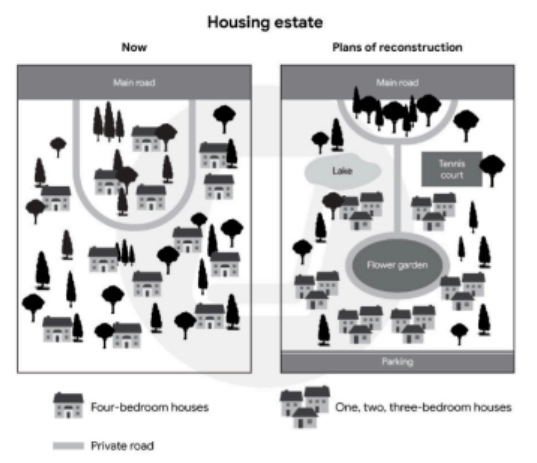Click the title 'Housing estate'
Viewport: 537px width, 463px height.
pos(265,23)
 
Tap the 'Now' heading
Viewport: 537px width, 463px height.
pos(134,47)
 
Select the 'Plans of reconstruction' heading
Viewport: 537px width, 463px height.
pos(397,47)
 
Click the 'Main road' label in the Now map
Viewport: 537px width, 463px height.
pos(134,83)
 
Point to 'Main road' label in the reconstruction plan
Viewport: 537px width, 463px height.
pos(397,83)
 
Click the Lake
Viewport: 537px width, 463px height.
pos(342,171)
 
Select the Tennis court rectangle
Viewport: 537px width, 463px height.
pos(452,169)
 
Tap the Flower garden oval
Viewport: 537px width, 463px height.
pos(397,265)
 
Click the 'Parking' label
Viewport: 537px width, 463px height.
pos(397,362)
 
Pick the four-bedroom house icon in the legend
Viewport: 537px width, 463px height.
pos(68,405)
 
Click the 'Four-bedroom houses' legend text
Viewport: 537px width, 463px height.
pos(150,407)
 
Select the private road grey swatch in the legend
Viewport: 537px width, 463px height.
pos(68,446)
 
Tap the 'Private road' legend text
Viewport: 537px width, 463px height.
pos(122,446)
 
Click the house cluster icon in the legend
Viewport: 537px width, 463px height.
pos(305,407)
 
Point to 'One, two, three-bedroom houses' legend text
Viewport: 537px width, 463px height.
pos(423,407)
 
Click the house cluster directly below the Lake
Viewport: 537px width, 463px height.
pos(362,211)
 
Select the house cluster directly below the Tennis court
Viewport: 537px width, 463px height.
pos(434,212)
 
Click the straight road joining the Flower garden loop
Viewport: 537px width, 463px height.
pos(397,188)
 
